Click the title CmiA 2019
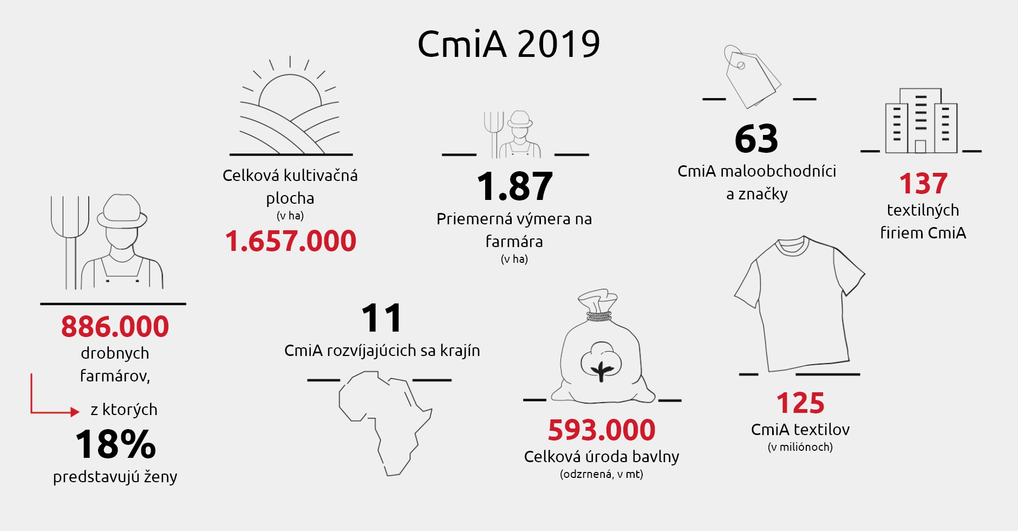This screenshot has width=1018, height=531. click(508, 44)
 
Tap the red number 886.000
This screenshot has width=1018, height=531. click(115, 327)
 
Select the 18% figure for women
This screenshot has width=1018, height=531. click(115, 445)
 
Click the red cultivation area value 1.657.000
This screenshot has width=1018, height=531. click(290, 241)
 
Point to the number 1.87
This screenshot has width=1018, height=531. click(514, 186)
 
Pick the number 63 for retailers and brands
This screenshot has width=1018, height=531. click(756, 139)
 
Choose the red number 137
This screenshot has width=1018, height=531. click(923, 184)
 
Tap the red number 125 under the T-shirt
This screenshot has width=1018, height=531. click(800, 403)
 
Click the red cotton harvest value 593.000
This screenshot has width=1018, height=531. click(602, 430)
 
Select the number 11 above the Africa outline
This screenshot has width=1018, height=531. click(382, 318)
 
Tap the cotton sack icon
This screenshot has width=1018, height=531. click(601, 352)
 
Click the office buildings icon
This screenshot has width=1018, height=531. click(921, 122)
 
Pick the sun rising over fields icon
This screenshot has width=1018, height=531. click(290, 108)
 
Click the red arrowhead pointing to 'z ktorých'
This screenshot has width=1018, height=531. click(75, 412)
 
